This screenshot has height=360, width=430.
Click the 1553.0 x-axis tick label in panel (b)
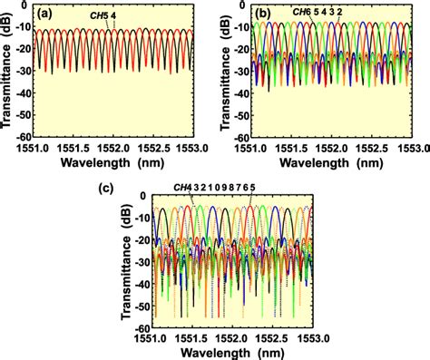[x=409, y=145]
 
